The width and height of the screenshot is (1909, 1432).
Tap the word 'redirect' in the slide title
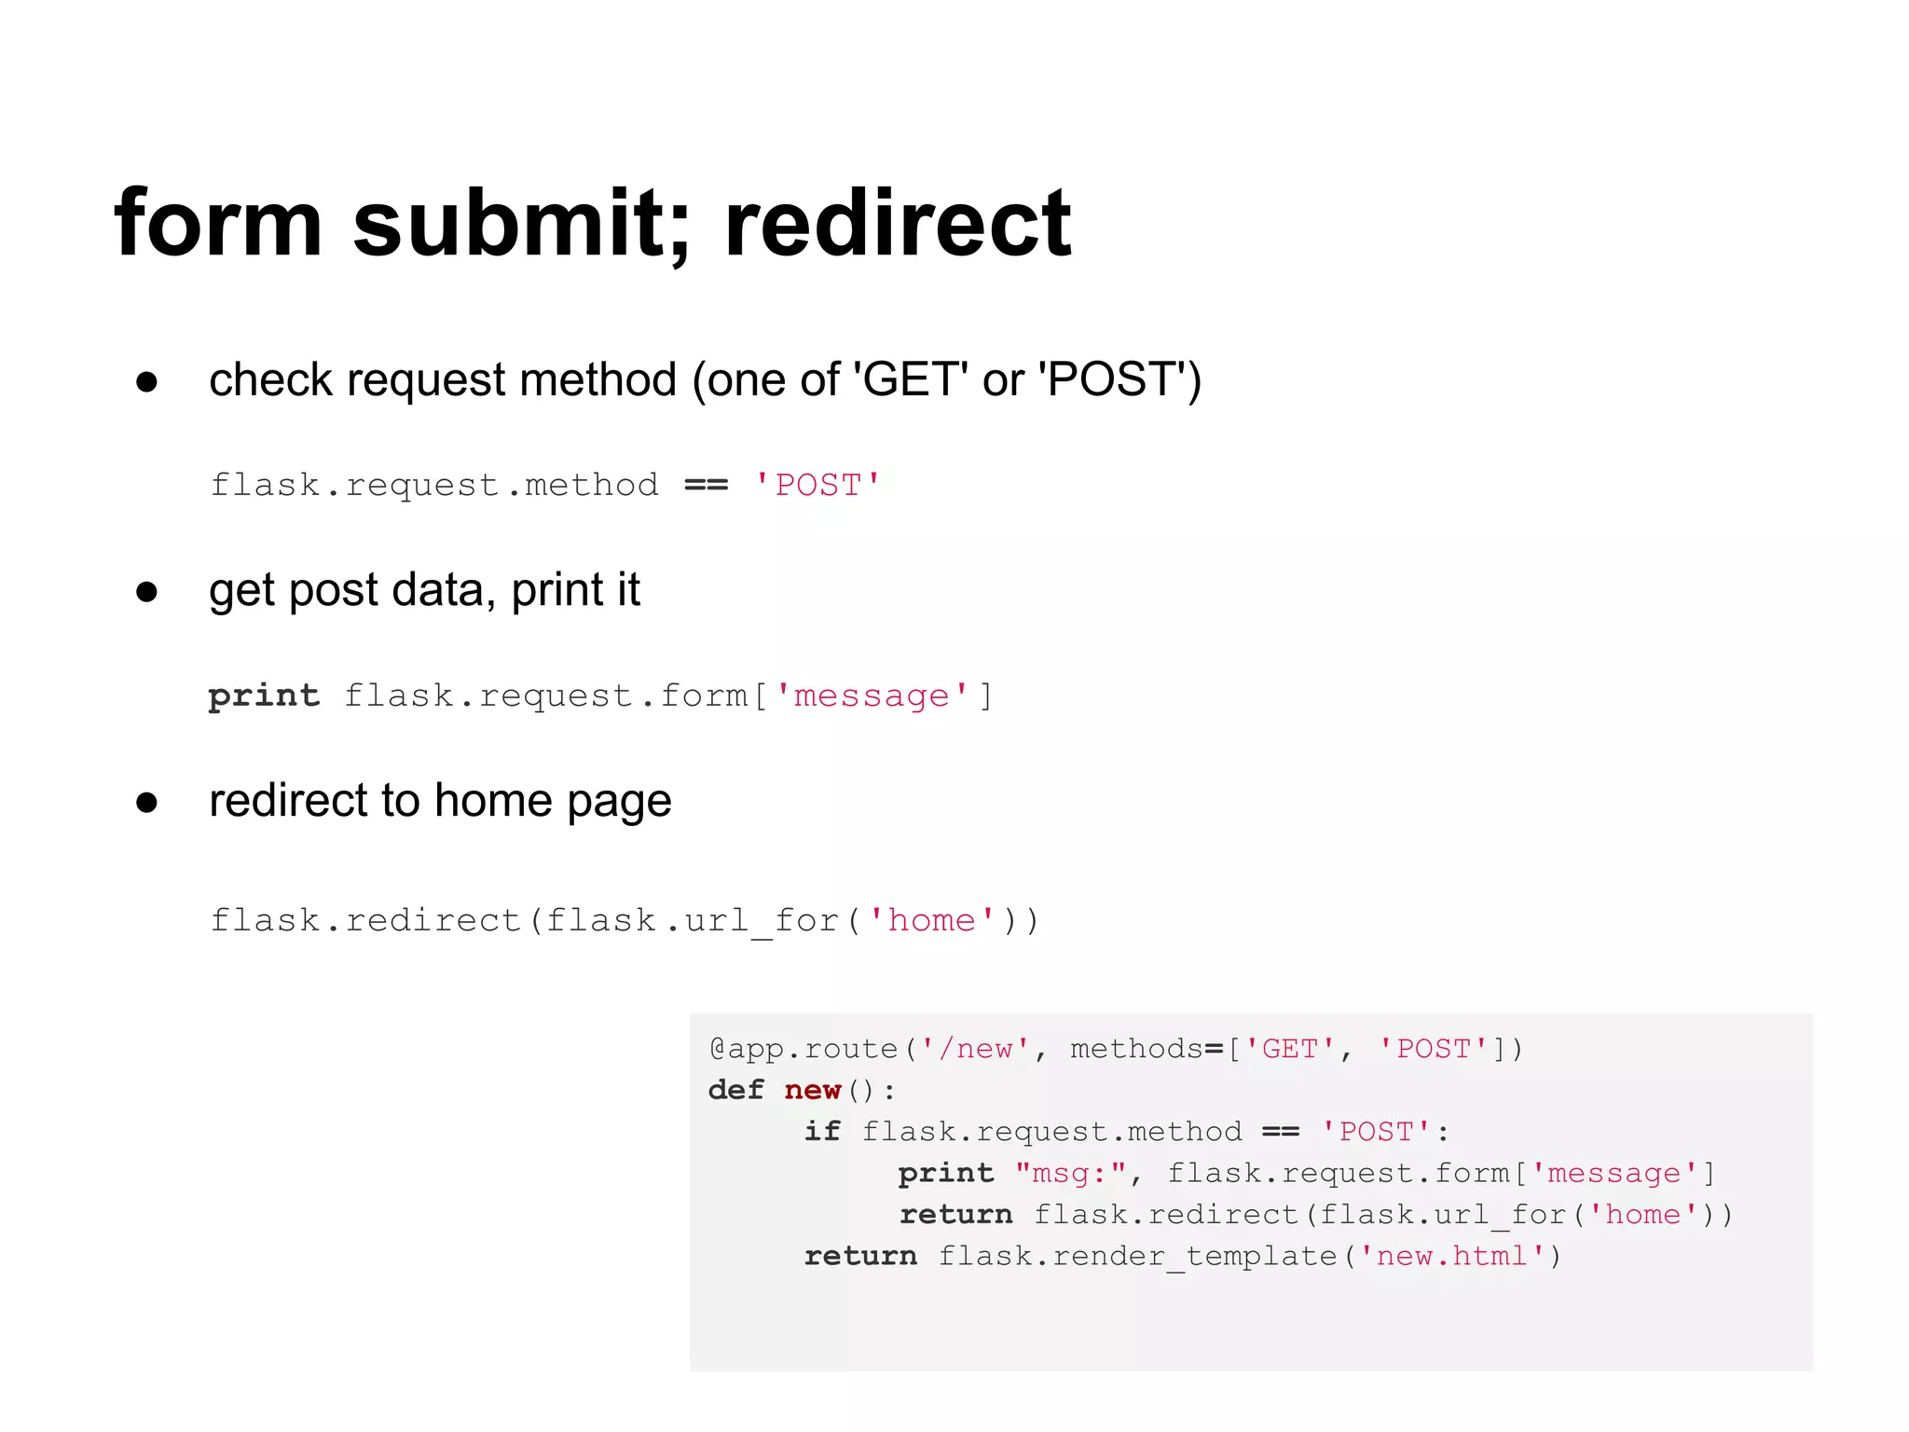point(897,224)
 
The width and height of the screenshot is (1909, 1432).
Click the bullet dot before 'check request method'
point(146,381)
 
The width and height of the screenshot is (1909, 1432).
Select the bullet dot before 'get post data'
point(146,592)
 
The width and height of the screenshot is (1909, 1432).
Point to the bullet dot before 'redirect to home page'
point(146,803)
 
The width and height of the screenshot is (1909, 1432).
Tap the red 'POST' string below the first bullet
point(817,485)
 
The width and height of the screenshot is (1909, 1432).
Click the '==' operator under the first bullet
point(706,485)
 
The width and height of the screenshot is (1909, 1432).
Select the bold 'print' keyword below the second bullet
point(264,695)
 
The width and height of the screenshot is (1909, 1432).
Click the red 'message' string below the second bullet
point(871,695)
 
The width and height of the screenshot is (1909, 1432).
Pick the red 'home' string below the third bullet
point(931,920)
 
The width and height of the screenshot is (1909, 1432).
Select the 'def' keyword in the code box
point(735,1090)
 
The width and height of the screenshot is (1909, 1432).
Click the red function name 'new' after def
point(813,1090)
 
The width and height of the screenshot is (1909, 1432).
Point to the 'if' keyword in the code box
point(822,1132)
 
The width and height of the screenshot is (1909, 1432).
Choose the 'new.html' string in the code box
point(1451,1256)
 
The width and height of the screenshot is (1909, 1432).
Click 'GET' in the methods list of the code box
point(1290,1049)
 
